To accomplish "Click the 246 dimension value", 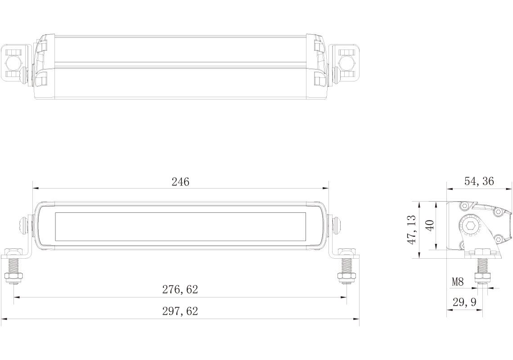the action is pyautogui.click(x=180, y=182).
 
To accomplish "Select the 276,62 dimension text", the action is pyautogui.click(x=180, y=290).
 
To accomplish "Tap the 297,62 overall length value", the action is pyautogui.click(x=180, y=311).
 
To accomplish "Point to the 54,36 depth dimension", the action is pyautogui.click(x=479, y=181).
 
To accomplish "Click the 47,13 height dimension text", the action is pyautogui.click(x=411, y=229).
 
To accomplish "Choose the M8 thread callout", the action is pyautogui.click(x=458, y=282).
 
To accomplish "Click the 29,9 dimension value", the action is pyautogui.click(x=464, y=302).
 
